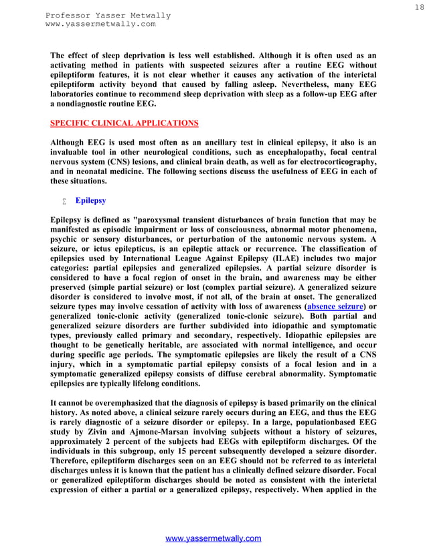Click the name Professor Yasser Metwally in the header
point(108,15)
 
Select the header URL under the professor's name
point(100,24)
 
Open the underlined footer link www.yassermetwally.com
point(213,539)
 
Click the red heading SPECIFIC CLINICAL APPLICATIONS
point(124,123)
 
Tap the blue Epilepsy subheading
point(90,200)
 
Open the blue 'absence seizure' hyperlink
point(335,307)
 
